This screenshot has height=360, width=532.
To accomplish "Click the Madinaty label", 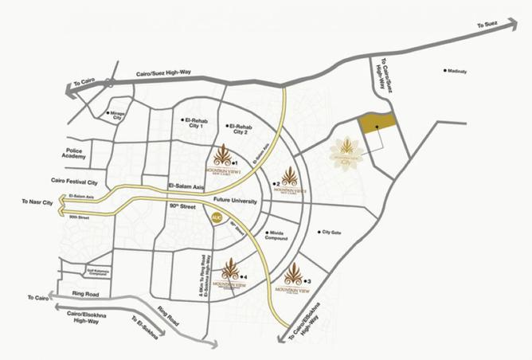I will pyautogui.click(x=457, y=72).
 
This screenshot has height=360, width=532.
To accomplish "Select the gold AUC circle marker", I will pyautogui.click(x=216, y=217).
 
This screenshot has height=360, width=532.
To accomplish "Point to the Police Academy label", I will pyautogui.click(x=82, y=155).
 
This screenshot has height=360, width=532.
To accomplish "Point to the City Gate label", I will pyautogui.click(x=330, y=232).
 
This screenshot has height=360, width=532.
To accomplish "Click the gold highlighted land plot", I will pyautogui.click(x=377, y=122).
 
